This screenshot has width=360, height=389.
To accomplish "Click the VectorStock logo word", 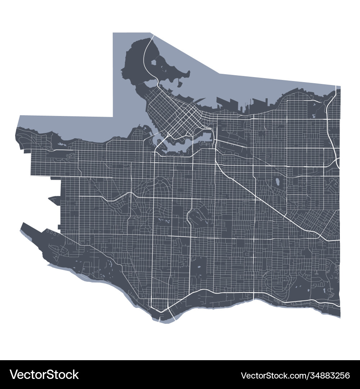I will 44,375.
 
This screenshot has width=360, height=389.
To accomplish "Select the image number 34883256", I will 325,375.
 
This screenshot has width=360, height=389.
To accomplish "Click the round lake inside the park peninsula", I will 153,62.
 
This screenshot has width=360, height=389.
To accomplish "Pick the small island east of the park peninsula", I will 179,84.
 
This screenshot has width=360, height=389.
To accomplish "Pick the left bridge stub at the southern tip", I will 160,317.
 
